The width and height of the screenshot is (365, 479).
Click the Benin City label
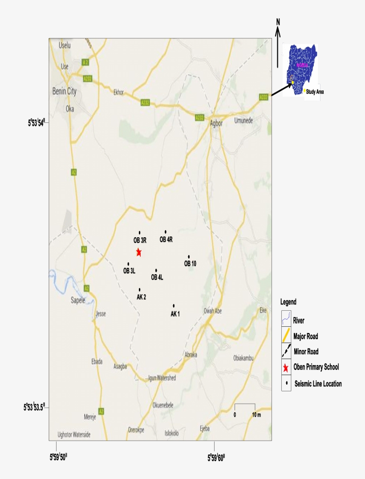click(65, 91)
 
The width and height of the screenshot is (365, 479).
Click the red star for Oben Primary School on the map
click(139, 252)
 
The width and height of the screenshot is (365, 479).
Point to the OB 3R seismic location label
click(140, 240)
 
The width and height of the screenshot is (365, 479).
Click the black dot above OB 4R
click(166, 231)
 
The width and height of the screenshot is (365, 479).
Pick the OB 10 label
click(190, 264)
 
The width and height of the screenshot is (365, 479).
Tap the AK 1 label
click(175, 314)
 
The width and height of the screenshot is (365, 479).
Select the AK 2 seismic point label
click(142, 297)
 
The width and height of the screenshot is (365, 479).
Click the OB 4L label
click(157, 277)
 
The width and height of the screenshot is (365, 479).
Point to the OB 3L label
click(130, 271)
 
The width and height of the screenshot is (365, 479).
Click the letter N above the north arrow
click(278, 22)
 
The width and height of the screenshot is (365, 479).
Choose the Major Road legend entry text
click(305, 337)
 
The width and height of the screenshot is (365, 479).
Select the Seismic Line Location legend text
click(318, 384)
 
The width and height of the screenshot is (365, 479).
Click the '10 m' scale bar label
click(256, 415)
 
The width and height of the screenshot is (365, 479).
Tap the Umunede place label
click(244, 121)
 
